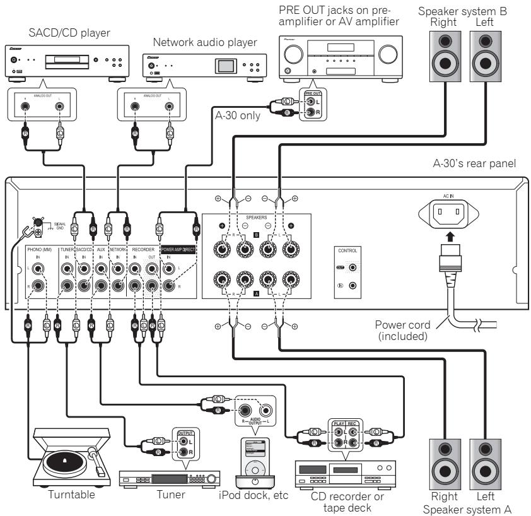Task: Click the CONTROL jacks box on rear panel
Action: point(346,271)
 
